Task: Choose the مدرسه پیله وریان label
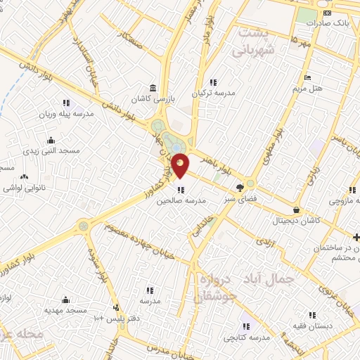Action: [x=66, y=114]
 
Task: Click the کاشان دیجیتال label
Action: [x=296, y=220]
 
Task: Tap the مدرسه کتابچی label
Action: [x=246, y=337]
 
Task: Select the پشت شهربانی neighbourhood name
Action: [x=251, y=41]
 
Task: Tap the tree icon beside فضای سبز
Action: [x=240, y=187]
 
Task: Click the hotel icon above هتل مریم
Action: [x=307, y=77]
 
